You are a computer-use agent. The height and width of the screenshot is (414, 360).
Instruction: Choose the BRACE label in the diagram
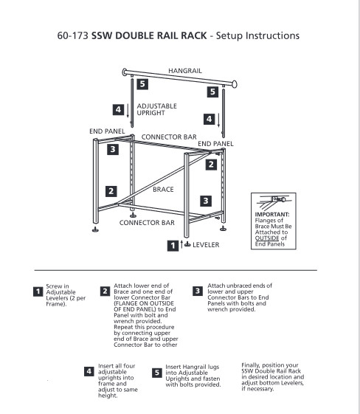[163, 190]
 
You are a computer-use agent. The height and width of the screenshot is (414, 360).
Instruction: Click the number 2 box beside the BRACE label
[111, 190]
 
